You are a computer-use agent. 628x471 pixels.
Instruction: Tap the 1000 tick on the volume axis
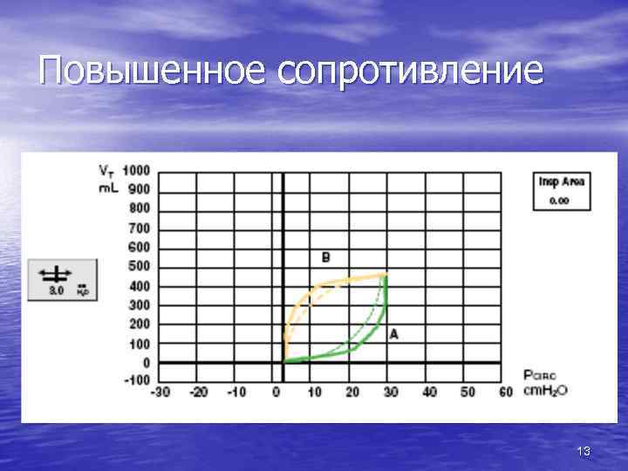tap(136, 170)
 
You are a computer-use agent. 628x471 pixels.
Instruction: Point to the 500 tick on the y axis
tap(139, 266)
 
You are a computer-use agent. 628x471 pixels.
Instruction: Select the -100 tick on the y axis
tap(136, 380)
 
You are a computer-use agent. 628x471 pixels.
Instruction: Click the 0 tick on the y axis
tap(146, 362)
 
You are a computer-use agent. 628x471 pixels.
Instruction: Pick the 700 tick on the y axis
tap(139, 228)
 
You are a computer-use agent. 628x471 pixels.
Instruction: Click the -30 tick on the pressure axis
tap(160, 393)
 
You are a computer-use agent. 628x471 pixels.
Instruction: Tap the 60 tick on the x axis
tap(505, 393)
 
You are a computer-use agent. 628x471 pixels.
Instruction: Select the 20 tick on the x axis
tap(352, 393)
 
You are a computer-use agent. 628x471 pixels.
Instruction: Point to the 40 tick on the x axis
tap(428, 393)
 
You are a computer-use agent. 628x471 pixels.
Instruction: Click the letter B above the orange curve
tap(325, 257)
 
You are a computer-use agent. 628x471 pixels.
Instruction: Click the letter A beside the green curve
tap(393, 334)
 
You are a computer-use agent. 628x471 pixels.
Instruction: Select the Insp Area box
tap(563, 190)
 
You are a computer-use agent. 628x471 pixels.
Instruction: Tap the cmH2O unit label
tap(547, 391)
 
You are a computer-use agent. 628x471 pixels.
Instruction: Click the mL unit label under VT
tap(108, 186)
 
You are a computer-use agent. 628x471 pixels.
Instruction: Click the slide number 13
tap(584, 451)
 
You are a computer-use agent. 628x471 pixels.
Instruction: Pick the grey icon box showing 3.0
tap(63, 280)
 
